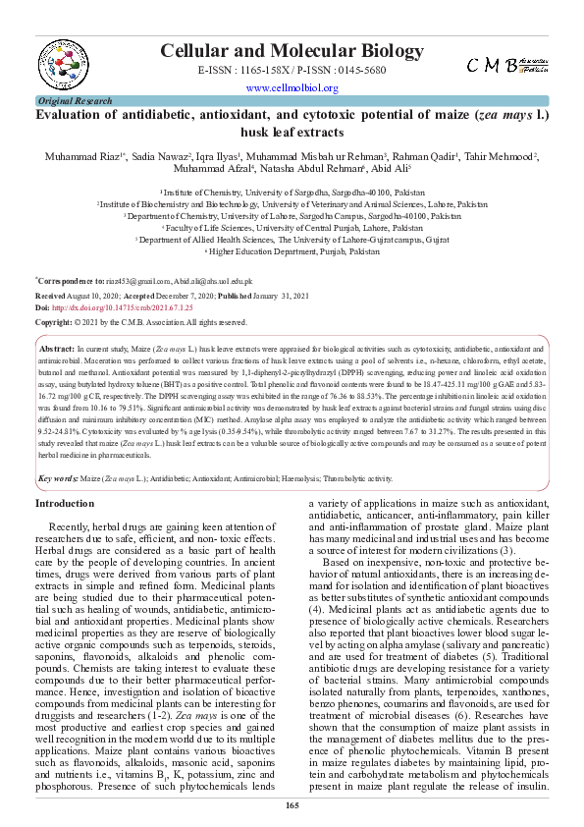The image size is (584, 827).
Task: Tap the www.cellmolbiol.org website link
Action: point(292,87)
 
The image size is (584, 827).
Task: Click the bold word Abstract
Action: point(57,349)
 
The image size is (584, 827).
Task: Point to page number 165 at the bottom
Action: point(292,805)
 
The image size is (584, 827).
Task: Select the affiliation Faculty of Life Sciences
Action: point(292,226)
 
